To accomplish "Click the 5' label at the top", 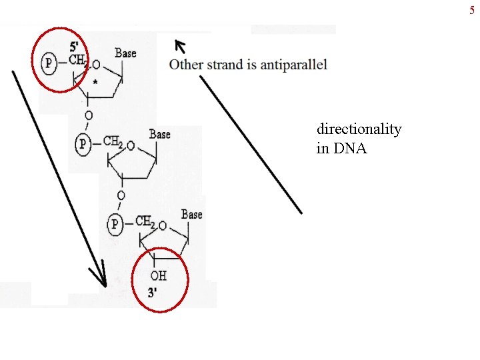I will (x=76, y=47).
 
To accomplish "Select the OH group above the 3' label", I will (x=158, y=275).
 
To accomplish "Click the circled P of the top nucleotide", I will (x=47, y=63).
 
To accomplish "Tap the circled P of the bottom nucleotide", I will (x=115, y=223).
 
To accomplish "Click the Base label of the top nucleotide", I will (x=125, y=52).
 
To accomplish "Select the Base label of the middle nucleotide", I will (x=160, y=134).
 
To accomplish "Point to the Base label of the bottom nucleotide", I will (x=191, y=214).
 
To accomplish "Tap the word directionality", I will (x=359, y=129).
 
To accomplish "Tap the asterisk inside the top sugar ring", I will (x=95, y=82).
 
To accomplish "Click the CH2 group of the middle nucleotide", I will (x=113, y=143).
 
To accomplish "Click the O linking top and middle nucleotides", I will (x=89, y=116).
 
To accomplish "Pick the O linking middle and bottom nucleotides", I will (x=121, y=195).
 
